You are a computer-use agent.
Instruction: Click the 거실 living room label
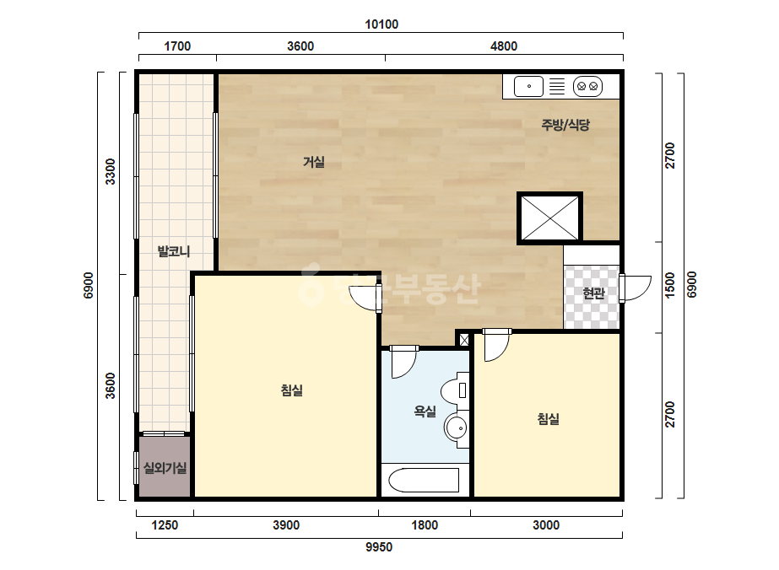tap(314, 162)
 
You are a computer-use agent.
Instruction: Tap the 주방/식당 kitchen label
tap(565, 124)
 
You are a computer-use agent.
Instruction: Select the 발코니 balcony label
tap(173, 251)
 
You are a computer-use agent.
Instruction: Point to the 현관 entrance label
tap(593, 293)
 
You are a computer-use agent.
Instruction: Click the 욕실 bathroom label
tap(425, 411)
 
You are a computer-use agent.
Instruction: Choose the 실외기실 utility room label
tap(165, 467)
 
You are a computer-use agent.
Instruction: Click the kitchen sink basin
tap(528, 86)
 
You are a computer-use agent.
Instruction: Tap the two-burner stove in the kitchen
tap(587, 86)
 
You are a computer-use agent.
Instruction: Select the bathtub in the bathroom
tap(424, 480)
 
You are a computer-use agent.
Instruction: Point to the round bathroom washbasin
tap(456, 427)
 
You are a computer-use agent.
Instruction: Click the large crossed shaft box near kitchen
tap(549, 218)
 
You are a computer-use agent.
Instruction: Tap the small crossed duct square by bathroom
tap(464, 340)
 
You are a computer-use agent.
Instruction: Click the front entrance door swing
tap(635, 288)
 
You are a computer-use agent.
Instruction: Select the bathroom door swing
tap(404, 363)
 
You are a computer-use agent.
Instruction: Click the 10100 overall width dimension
tap(381, 24)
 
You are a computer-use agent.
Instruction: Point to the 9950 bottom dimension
tap(379, 547)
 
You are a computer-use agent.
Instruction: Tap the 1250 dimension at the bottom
tap(165, 525)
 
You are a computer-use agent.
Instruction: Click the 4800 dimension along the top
tap(504, 46)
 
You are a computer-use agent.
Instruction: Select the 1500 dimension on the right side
tap(670, 286)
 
